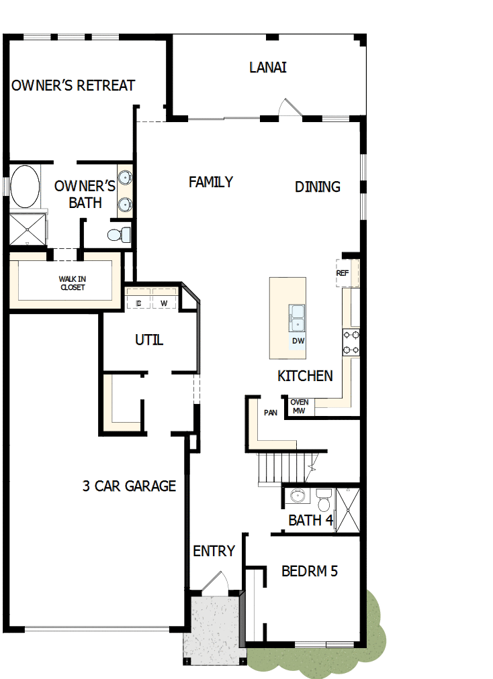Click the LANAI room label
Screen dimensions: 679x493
tap(268, 68)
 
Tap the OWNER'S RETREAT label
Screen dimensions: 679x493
tap(73, 86)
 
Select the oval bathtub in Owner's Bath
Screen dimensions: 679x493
tap(25, 187)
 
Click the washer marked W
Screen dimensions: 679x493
tap(164, 303)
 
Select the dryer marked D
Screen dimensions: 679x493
tap(139, 303)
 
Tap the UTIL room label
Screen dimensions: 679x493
tap(149, 340)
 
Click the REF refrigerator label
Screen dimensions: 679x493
tap(343, 273)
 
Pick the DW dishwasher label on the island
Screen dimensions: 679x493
tap(299, 342)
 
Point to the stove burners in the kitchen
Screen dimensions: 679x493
tap(351, 342)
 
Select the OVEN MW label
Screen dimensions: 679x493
tap(300, 407)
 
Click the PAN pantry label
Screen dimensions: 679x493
tap(271, 413)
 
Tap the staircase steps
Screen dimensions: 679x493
tap(282, 467)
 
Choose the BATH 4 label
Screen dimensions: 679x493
tap(310, 520)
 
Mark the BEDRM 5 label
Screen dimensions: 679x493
tap(309, 572)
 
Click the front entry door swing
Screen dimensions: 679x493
tap(216, 582)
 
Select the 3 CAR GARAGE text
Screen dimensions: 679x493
tap(129, 486)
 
